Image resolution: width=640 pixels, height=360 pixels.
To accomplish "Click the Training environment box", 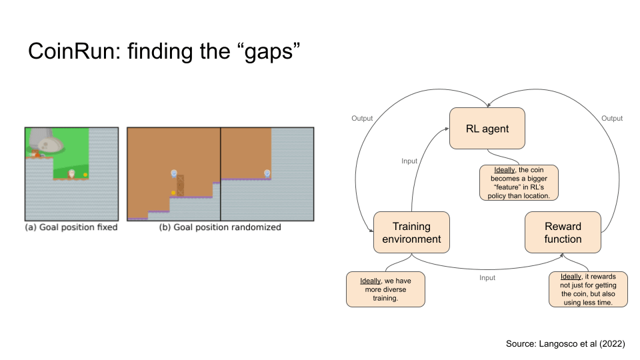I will pos(411,233).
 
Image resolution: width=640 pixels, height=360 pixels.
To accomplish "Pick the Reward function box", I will pos(563,233).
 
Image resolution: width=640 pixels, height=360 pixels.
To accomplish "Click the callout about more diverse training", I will pos(385,289).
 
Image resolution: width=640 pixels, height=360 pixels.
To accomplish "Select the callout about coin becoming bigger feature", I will pos(519,183).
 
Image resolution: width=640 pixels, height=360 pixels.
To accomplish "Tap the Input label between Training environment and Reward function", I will pos(487,277).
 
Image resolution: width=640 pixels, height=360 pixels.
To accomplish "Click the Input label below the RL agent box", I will pos(409,161).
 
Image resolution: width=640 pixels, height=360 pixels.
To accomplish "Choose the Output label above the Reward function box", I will pos(611,119).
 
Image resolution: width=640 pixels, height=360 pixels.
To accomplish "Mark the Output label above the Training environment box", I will pos(362,119).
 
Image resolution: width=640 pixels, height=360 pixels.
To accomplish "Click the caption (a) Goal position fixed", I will pos(71,227).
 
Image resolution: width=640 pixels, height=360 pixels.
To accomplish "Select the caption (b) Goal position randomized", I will pos(219,227).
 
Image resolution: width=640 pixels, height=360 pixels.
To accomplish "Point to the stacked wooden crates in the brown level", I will pos(180,185).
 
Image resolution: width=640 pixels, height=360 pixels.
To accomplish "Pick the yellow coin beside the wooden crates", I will pos(173,193).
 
